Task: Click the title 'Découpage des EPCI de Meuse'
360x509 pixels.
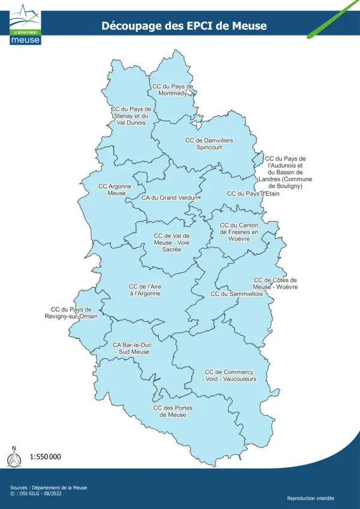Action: [x=184, y=26]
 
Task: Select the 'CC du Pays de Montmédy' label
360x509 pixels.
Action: [x=173, y=90]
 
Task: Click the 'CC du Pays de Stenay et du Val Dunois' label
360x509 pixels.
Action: [x=131, y=116]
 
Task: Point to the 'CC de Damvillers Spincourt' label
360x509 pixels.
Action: [x=209, y=144]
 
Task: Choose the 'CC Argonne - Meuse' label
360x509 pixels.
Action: [x=117, y=190]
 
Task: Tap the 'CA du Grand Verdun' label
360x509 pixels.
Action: [x=170, y=197]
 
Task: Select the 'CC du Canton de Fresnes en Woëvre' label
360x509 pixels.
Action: [x=239, y=232]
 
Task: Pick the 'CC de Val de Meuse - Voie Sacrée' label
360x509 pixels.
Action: [x=172, y=242]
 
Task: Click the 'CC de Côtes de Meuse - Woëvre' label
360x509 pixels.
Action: [x=275, y=283]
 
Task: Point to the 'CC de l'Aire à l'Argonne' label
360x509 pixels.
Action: [x=145, y=291]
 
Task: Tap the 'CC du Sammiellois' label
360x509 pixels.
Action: [x=236, y=295]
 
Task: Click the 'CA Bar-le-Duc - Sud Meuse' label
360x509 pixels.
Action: [x=131, y=348]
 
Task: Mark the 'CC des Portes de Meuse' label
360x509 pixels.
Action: [x=173, y=411]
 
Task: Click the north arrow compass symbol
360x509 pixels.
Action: [x=13, y=457]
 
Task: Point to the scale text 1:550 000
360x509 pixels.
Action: [x=46, y=457]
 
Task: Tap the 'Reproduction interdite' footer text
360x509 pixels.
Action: [x=311, y=498]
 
